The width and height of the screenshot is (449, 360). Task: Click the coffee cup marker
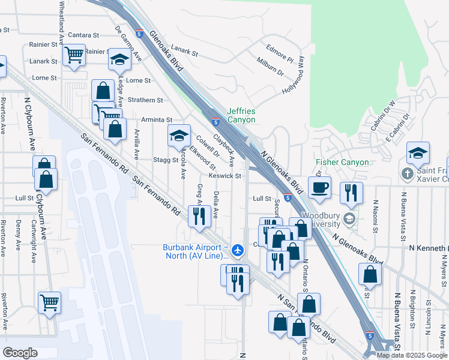tap(319, 187)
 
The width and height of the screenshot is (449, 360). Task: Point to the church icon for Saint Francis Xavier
tap(406, 175)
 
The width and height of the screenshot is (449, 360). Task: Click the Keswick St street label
tap(224, 176)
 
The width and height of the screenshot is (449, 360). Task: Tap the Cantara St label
tap(83, 35)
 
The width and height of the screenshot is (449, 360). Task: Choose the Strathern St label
tap(145, 100)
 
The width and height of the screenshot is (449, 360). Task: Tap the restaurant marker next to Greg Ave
tap(199, 215)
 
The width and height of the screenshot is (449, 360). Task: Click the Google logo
tap(20, 353)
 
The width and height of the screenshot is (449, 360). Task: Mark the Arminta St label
tap(157, 120)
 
